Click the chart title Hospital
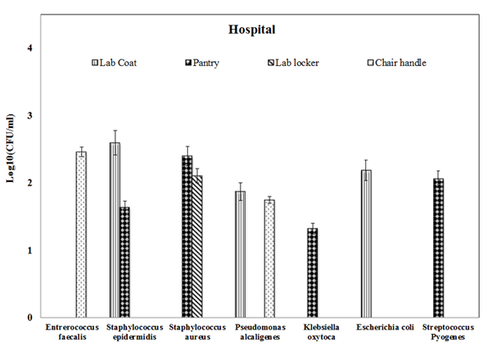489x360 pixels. point(252,30)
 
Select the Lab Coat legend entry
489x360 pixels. point(114,63)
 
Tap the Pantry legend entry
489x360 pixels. point(202,63)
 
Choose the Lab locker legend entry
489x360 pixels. point(293,63)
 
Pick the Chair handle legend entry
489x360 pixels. point(397,63)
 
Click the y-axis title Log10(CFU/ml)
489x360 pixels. point(10,149)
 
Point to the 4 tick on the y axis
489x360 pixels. point(30,48)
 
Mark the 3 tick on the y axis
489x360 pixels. point(30,115)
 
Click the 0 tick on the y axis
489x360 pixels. point(30,318)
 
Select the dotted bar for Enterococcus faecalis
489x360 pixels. point(81,235)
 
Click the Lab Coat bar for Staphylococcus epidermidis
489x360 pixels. point(114,230)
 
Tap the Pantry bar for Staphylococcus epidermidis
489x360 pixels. point(125,262)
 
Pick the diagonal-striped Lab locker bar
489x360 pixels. point(197,246)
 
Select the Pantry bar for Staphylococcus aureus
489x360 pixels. point(187,236)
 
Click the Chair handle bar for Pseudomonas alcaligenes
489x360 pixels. point(270,258)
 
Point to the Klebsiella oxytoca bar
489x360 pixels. point(313,273)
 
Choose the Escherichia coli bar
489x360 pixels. point(366,244)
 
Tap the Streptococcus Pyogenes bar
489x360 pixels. point(438,248)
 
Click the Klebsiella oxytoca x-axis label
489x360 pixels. point(321,332)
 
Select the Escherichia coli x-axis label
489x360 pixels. point(385,327)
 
